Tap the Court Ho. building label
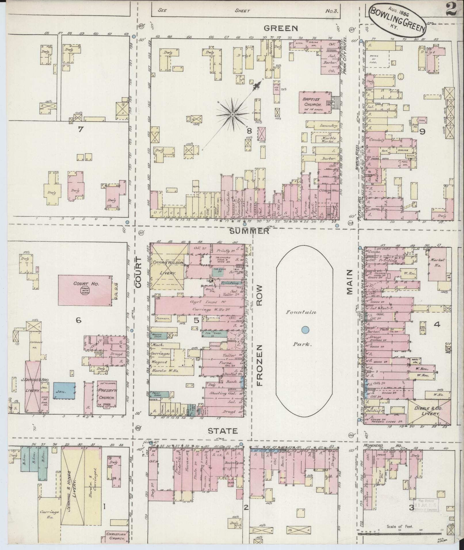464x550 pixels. [x=82, y=283]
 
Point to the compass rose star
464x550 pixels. [x=232, y=114]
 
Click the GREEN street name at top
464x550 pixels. [x=281, y=28]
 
